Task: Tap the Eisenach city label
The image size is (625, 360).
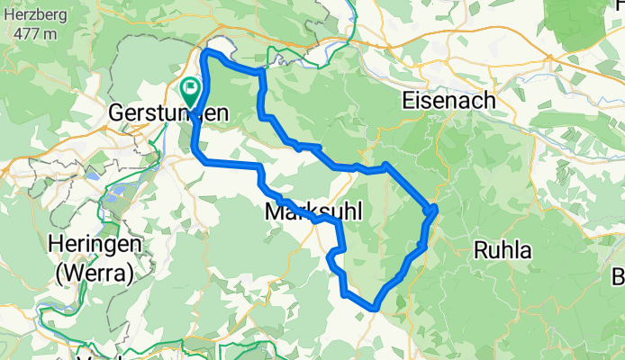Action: click(449, 100)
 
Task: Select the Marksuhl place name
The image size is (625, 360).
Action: click(313, 213)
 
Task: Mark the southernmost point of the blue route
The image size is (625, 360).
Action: click(372, 309)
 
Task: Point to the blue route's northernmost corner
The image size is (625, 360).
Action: click(209, 53)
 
